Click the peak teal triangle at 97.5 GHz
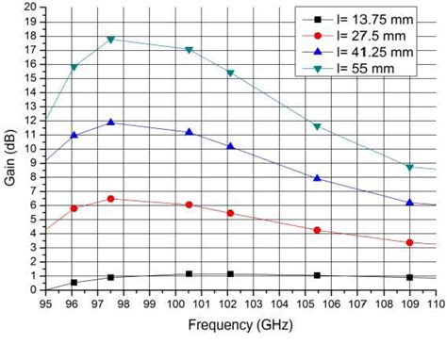pos(111,40)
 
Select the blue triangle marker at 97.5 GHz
pos(111,123)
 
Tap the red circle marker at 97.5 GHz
pos(111,199)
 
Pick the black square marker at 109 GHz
pos(409,277)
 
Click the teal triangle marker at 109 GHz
pos(409,168)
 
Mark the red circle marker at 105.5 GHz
pos(317,230)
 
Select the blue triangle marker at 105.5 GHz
pos(317,178)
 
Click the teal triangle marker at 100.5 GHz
pos(190,50)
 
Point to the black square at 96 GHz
pos(74,282)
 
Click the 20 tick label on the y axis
pos(31,7)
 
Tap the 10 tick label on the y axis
pos(31,148)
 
